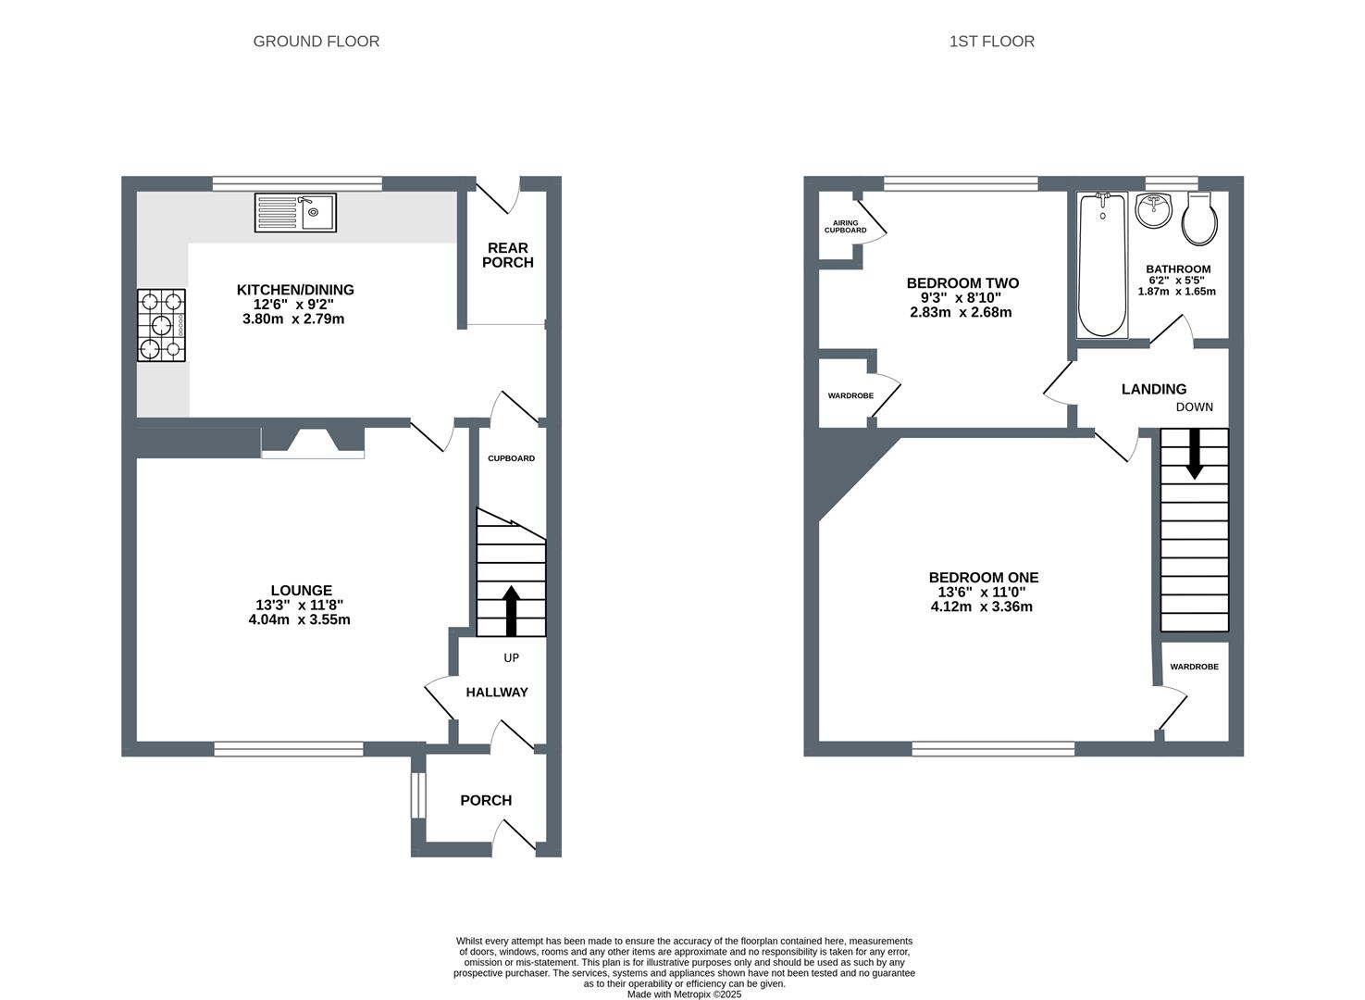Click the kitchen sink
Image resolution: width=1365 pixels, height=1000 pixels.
point(295,213)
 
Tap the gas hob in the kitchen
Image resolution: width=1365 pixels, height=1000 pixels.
point(161,325)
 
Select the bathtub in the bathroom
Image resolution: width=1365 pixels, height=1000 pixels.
point(1102,265)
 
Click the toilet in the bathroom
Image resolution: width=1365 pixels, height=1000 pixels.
point(1200,219)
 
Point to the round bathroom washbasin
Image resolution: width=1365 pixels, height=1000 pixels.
point(1154,211)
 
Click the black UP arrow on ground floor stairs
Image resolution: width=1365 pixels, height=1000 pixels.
point(511,611)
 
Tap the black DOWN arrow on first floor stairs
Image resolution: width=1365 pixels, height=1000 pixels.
point(1195,454)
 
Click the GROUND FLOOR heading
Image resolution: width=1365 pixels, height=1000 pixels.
point(316,42)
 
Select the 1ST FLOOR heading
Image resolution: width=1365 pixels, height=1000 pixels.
point(992,42)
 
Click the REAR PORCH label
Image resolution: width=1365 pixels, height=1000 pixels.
point(508,255)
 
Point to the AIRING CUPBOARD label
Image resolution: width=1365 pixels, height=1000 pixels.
point(845,227)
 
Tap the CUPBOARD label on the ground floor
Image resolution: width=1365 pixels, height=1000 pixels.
point(511,458)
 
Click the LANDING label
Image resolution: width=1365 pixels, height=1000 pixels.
point(1154,389)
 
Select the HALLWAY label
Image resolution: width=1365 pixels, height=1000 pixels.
point(497,692)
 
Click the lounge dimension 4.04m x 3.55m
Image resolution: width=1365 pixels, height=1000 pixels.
point(299,620)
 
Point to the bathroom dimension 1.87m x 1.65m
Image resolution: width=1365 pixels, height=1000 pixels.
point(1177,292)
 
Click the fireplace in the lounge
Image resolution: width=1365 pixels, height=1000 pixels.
point(313,442)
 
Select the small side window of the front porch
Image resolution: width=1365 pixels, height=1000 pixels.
point(418,795)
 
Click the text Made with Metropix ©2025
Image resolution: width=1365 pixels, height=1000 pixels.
point(684,994)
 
